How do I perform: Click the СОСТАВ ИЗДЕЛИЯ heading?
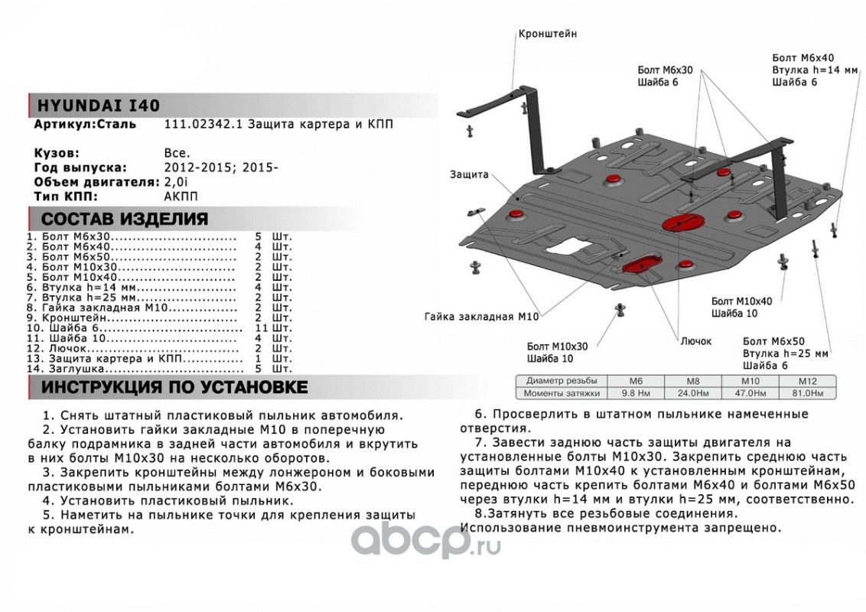coord(124,220)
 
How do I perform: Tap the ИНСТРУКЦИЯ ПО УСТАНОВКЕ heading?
coord(174,387)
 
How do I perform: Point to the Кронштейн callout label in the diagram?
coord(547,34)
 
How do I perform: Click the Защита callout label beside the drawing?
coord(469,174)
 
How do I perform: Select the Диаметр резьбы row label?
coord(557,381)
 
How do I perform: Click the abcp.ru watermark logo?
coord(425,543)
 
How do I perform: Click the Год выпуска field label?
coord(80,168)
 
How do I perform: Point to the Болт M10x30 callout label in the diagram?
coord(557,346)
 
